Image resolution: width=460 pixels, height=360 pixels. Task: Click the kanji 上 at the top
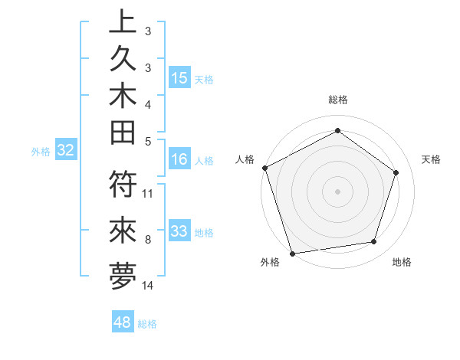123,21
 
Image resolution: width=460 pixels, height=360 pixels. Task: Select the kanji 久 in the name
123,59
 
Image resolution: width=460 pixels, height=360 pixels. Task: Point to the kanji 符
123,185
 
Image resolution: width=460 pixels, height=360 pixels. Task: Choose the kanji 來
123,230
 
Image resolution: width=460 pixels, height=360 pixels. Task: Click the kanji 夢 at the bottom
123,275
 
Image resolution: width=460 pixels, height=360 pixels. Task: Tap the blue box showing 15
179,77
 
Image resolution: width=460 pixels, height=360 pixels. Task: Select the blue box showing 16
179,159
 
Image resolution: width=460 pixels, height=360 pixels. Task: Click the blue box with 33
179,231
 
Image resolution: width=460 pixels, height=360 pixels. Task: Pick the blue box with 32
66,150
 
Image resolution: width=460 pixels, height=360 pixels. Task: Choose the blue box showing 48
123,322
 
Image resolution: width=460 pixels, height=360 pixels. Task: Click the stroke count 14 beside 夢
148,286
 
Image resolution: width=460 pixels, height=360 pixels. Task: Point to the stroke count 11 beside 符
148,193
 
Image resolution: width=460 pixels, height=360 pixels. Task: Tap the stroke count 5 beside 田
148,141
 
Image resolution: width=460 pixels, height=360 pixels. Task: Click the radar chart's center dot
337,191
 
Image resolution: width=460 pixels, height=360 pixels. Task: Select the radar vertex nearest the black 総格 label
337,130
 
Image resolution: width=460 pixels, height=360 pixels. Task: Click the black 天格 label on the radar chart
432,159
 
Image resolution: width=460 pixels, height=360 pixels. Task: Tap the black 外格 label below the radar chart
270,262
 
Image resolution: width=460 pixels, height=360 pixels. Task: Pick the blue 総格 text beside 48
147,324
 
